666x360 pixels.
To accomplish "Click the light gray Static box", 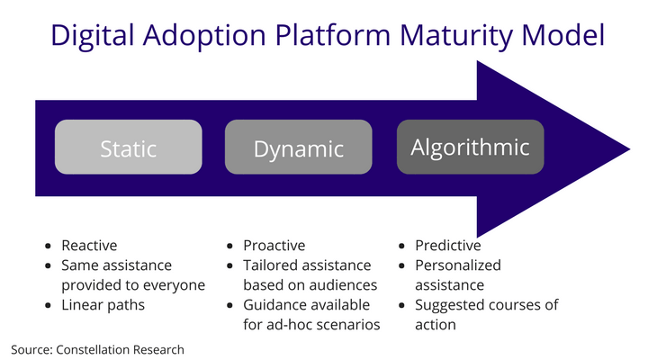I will [x=129, y=148].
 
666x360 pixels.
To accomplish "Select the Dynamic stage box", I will [x=298, y=148].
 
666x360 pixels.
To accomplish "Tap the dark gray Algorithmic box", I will [x=470, y=147].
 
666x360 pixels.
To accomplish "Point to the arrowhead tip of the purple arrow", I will [x=628, y=146].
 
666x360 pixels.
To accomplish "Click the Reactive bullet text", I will [x=89, y=246].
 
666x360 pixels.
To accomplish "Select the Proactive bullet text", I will [x=274, y=246].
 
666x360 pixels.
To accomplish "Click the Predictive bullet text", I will [x=447, y=246].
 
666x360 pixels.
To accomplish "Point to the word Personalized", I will [x=457, y=265].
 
